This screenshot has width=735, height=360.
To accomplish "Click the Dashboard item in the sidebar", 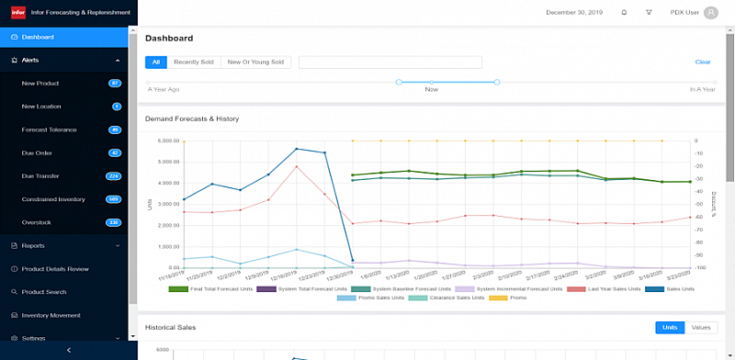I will click(38, 37).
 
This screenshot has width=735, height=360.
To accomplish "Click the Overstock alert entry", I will click(37, 221).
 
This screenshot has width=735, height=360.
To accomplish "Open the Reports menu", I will click(33, 245).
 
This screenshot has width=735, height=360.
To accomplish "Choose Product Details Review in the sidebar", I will click(55, 268).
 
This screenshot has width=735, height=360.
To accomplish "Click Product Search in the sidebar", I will click(43, 292).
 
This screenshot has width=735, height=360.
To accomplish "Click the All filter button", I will click(156, 62).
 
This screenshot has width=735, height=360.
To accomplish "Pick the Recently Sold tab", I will click(193, 62).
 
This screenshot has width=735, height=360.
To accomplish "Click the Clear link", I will click(702, 62).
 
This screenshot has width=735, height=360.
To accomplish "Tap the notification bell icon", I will click(624, 13).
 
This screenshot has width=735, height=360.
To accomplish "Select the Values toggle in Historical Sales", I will click(700, 327).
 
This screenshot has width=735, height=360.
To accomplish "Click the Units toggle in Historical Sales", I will click(670, 327).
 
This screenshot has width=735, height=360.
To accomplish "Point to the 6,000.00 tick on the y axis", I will click(168, 141).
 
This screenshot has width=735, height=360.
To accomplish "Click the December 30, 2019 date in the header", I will click(573, 13).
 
